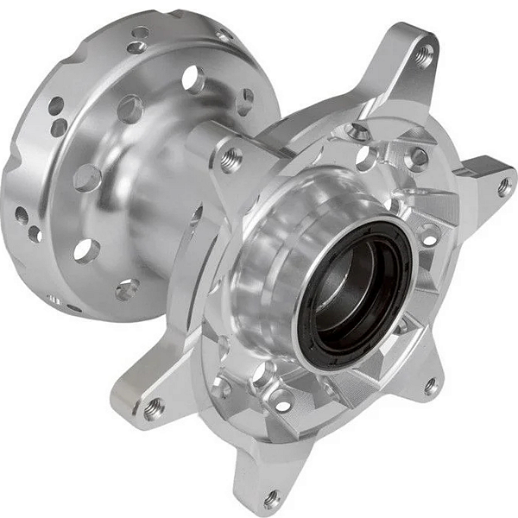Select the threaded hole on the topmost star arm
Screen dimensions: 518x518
423,55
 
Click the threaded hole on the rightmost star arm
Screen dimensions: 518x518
504,185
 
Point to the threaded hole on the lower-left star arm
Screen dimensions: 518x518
155,407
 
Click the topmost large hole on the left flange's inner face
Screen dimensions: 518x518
193,80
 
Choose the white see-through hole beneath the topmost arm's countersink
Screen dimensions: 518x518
365,159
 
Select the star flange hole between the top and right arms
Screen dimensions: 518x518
418,158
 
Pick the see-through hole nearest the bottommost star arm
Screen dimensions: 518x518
282,401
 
